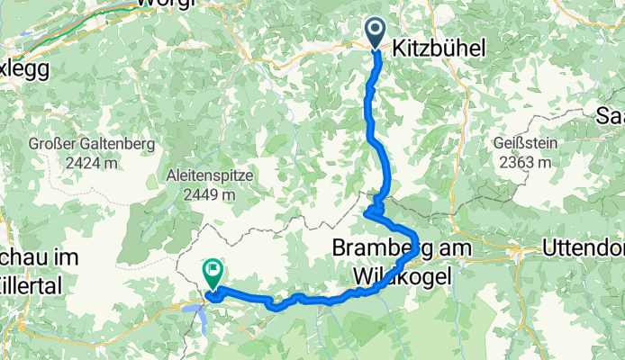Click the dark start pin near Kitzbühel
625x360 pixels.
(x=376, y=34)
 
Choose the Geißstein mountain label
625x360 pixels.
(x=527, y=144)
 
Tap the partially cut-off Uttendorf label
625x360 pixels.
(x=583, y=247)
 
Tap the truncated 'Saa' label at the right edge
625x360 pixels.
(x=610, y=114)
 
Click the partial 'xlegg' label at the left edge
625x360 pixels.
(x=21, y=68)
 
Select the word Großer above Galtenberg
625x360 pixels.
(x=56, y=145)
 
